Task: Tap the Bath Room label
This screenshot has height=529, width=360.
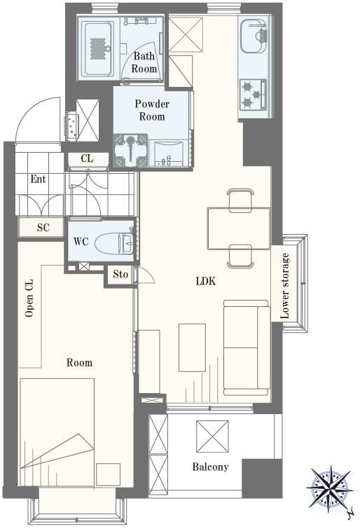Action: pyautogui.click(x=144, y=62)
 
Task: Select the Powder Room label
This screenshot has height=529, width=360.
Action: pyautogui.click(x=152, y=110)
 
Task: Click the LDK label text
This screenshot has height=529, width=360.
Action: pyautogui.click(x=205, y=281)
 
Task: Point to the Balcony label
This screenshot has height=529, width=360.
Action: pyautogui.click(x=211, y=467)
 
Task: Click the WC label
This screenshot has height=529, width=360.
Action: pyautogui.click(x=81, y=242)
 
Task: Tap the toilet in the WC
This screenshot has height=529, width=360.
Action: pyautogui.click(x=114, y=242)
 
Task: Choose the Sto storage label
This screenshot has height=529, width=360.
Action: pyautogui.click(x=120, y=274)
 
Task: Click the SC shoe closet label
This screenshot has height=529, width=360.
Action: pyautogui.click(x=43, y=228)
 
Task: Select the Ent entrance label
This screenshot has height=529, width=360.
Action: pyautogui.click(x=38, y=179)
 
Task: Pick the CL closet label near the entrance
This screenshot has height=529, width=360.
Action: pyautogui.click(x=87, y=158)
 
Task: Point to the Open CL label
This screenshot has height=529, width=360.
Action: pyautogui.click(x=29, y=298)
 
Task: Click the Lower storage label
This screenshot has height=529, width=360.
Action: pyautogui.click(x=285, y=286)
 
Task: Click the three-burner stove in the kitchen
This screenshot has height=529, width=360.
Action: pyautogui.click(x=253, y=95)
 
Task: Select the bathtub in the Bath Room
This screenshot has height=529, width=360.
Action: pyautogui.click(x=99, y=48)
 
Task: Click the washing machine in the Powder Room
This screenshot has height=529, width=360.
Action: pyautogui.click(x=130, y=151)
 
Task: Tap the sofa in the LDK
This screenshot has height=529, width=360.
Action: pyautogui.click(x=247, y=348)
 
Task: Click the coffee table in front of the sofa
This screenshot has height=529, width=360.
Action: pyautogui.click(x=192, y=348)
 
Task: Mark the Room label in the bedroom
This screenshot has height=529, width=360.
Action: pyautogui.click(x=79, y=363)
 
